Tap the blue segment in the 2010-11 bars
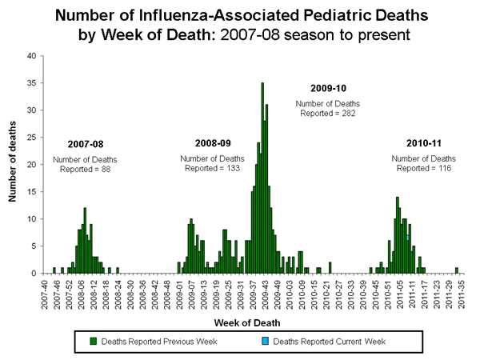click(x=407, y=238)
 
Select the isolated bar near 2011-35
click(x=457, y=270)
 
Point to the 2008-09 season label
click(x=213, y=143)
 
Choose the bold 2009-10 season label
click(x=329, y=88)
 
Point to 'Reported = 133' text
click(x=212, y=168)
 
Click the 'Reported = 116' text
click(x=423, y=168)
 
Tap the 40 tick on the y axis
click(x=31, y=56)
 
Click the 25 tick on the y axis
click(x=31, y=138)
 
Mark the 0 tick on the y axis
click(x=34, y=273)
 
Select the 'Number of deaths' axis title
click(x=14, y=164)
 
